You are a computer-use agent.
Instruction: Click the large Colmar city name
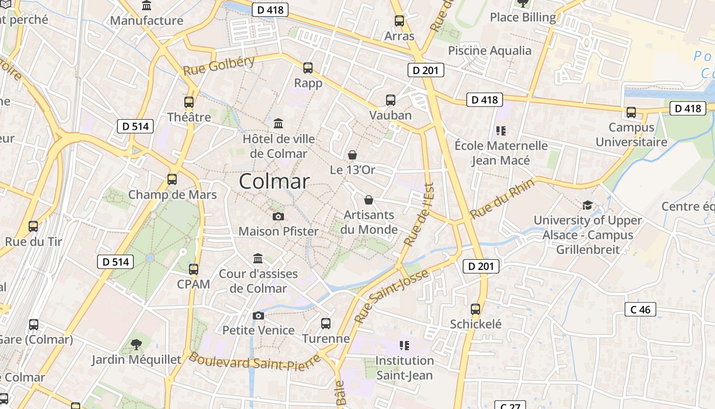tap(274, 181)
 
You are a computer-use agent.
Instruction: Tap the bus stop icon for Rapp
tap(307, 68)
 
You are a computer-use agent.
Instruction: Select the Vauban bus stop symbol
tap(391, 100)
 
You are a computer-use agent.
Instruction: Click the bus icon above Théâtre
tap(189, 102)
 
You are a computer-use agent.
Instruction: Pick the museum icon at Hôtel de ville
tap(278, 124)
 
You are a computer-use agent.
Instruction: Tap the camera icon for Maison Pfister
tap(278, 217)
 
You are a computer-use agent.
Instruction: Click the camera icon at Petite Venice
tap(258, 315)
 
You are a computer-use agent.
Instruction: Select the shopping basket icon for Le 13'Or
tap(352, 154)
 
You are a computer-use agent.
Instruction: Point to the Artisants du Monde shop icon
tap(369, 200)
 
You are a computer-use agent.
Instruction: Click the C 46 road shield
tap(640, 309)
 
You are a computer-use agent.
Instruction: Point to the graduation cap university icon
tap(587, 206)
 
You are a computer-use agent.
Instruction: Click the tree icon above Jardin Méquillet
tap(136, 345)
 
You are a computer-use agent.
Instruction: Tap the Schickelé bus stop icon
tap(475, 309)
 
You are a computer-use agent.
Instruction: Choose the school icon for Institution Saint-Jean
tap(404, 346)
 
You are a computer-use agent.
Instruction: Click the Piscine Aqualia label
tap(489, 51)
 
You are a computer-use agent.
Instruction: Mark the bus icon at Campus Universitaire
tap(631, 112)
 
